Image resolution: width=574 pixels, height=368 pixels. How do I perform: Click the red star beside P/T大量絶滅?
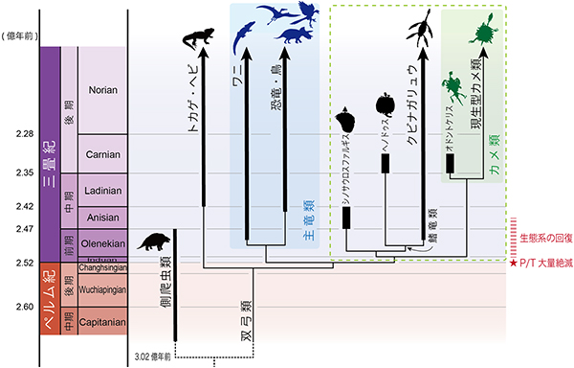tap(514, 262)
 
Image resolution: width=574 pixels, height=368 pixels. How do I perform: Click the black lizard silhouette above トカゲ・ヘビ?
tap(198, 38)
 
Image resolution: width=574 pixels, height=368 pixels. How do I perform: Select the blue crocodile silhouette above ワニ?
tap(246, 35)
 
